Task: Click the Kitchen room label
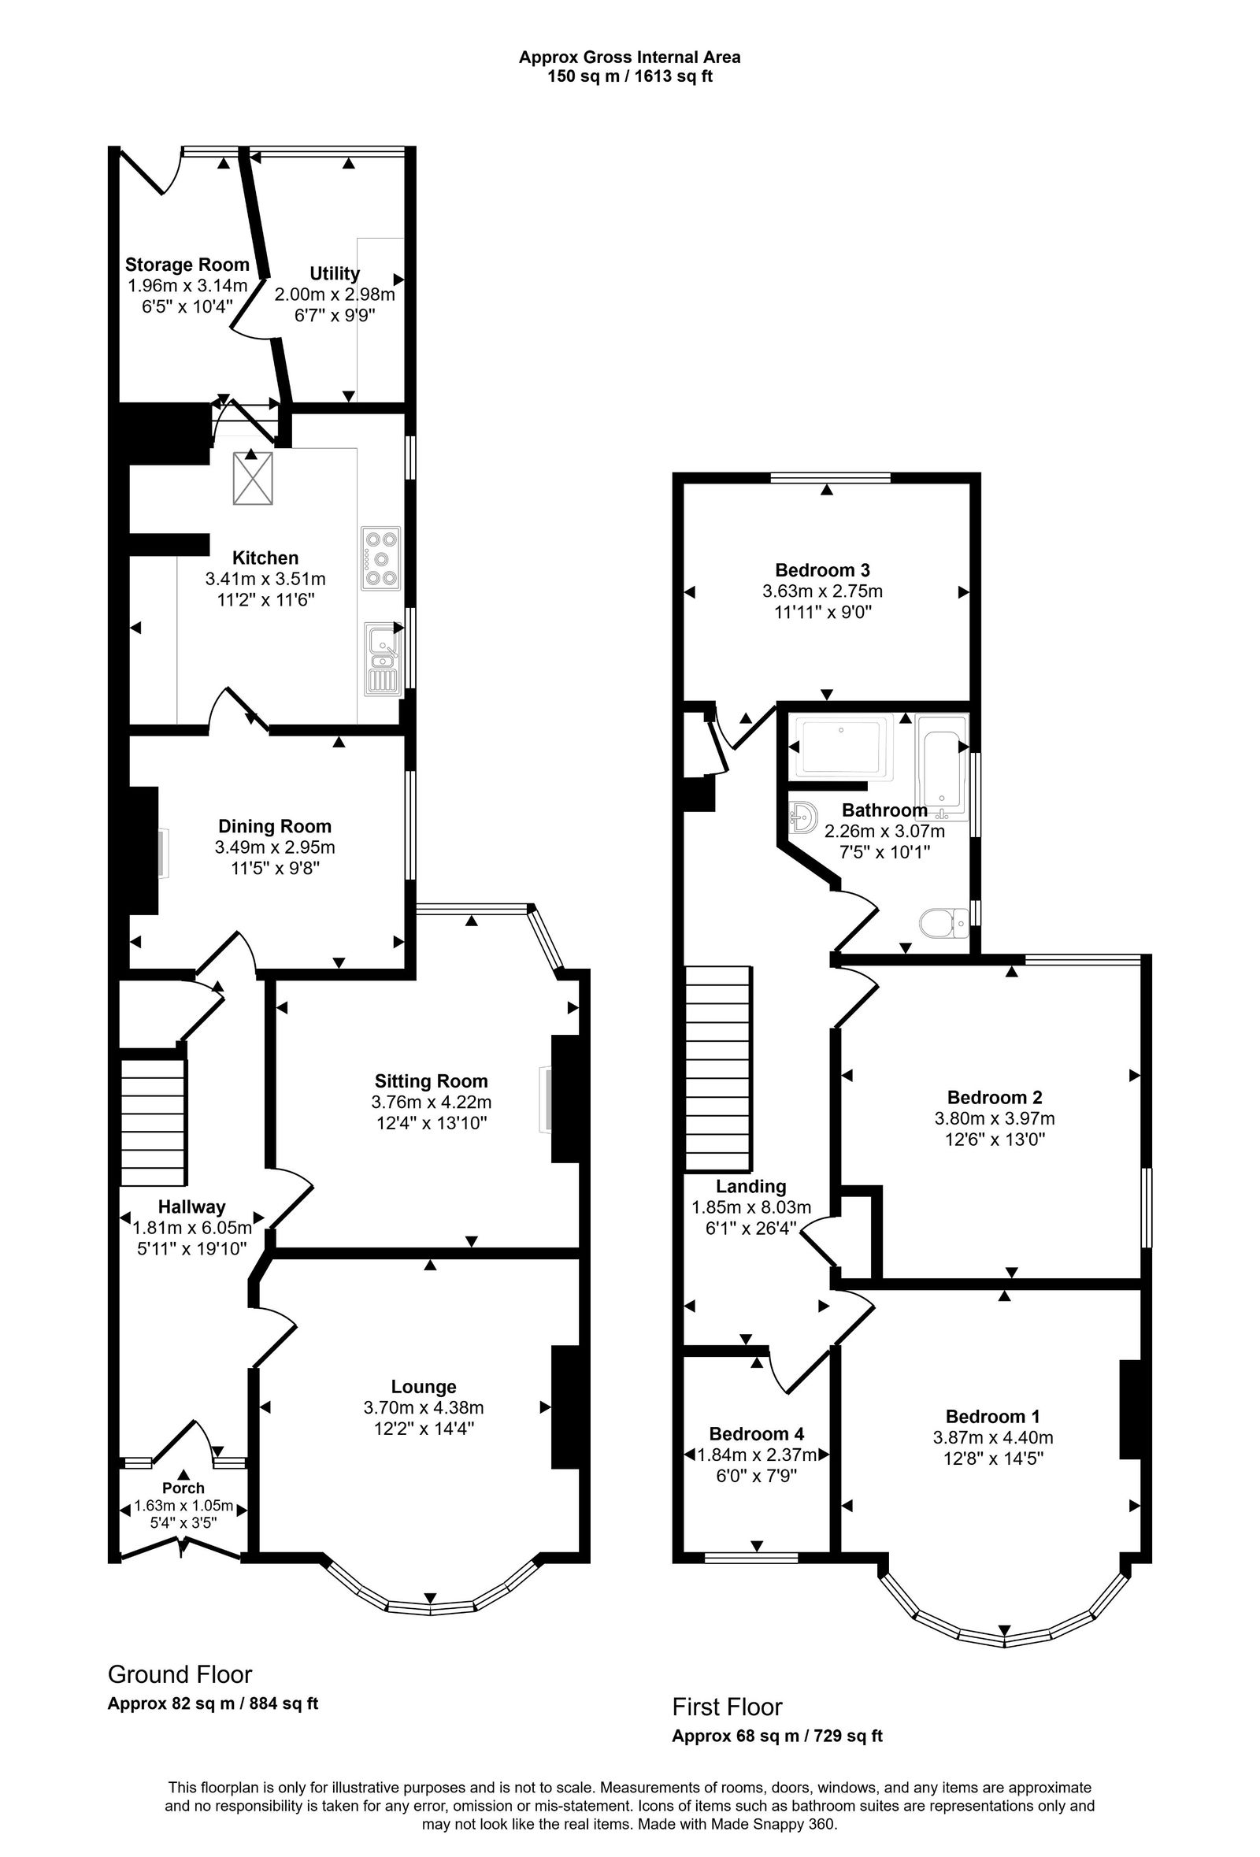pos(265,558)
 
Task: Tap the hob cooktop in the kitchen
pos(380,558)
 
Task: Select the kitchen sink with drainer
pos(383,658)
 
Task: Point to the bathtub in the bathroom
pos(941,768)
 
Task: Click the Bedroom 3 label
pos(822,569)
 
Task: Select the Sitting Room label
pos(431,1081)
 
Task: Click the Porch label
pos(183,1488)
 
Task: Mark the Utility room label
pos(334,273)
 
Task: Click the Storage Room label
pos(187,265)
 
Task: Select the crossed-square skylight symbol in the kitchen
pos(253,479)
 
